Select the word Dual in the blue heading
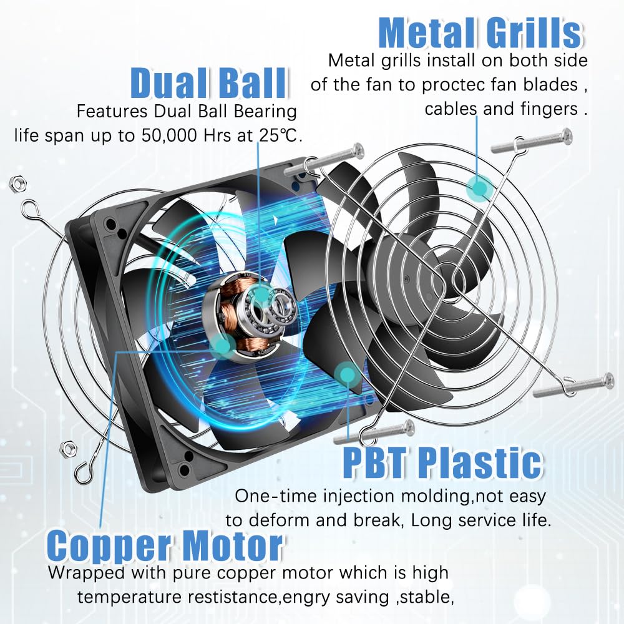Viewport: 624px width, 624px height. tap(167, 83)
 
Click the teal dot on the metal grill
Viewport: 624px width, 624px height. tap(479, 187)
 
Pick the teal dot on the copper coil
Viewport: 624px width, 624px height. tap(223, 346)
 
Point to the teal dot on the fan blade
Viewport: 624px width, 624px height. tap(348, 373)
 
